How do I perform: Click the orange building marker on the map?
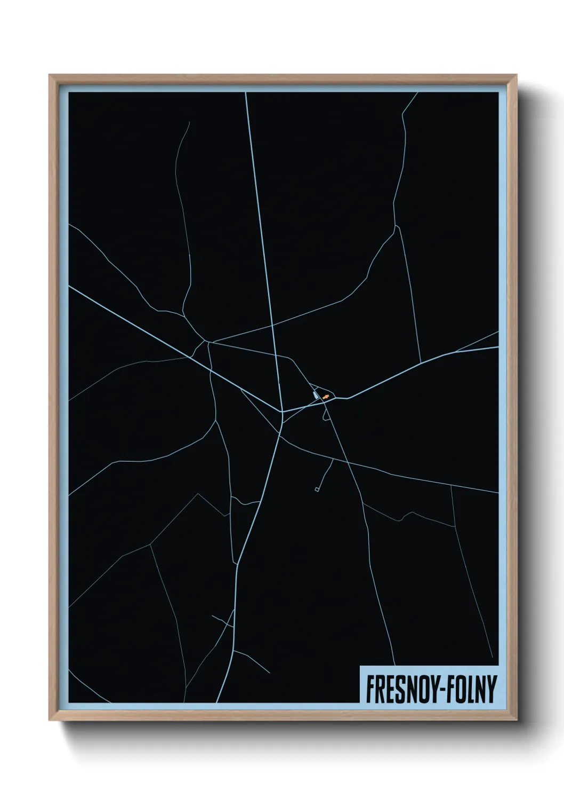tap(326, 397)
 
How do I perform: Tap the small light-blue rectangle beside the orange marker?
tap(316, 395)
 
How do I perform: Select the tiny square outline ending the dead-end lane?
tap(317, 489)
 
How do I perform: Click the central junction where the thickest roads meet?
tap(281, 412)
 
